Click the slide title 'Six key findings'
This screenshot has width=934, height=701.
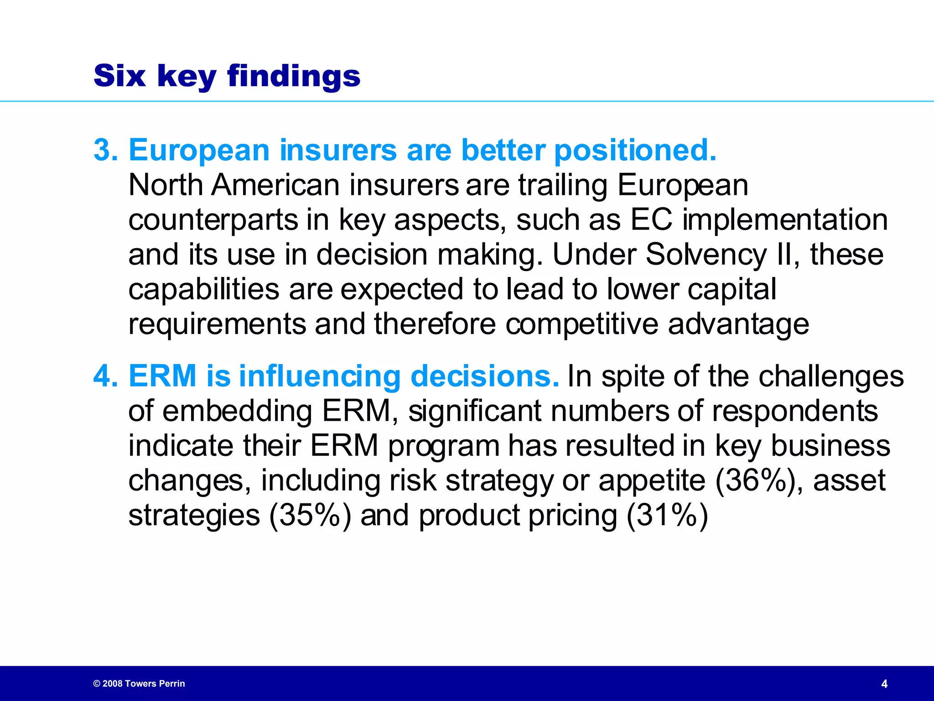[227, 76]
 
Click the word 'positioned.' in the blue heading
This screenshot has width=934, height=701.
[635, 151]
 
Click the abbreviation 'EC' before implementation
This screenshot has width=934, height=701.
[651, 220]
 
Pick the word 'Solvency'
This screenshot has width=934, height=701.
[706, 255]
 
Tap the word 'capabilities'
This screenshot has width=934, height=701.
[203, 289]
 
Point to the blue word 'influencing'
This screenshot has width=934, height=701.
[319, 376]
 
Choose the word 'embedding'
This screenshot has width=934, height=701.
[237, 411]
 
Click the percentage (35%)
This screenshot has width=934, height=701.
[310, 515]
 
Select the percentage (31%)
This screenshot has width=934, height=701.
[667, 515]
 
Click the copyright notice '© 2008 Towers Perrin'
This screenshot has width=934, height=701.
[139, 683]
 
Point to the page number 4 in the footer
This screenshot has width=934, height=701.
[884, 684]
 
